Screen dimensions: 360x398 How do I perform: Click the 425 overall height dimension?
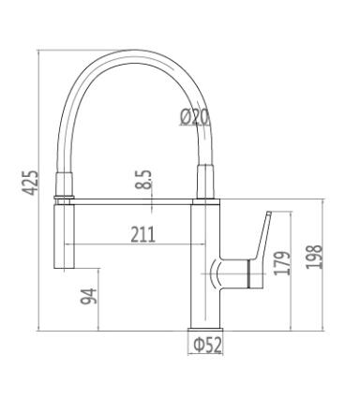pyautogui.click(x=31, y=183)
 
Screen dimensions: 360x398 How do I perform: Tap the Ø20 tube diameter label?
pyautogui.click(x=194, y=117)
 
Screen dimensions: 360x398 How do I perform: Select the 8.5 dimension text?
pyautogui.click(x=143, y=180)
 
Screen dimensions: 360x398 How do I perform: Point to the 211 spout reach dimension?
pyautogui.click(x=142, y=235)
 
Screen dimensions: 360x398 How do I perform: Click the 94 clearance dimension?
pyautogui.click(x=89, y=296)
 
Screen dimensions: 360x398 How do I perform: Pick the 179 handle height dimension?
pyautogui.click(x=282, y=263)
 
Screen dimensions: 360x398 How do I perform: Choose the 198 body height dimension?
pyautogui.click(x=314, y=257)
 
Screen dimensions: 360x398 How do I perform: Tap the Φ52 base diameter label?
pyautogui.click(x=208, y=345)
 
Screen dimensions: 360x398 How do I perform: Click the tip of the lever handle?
pyautogui.click(x=269, y=213)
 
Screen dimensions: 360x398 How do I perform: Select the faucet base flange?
pyautogui.click(x=205, y=330)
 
